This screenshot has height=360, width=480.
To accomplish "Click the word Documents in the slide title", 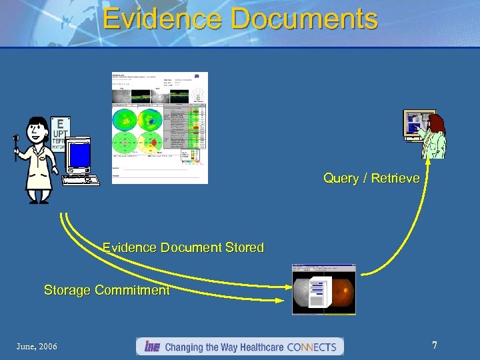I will coord(305,18).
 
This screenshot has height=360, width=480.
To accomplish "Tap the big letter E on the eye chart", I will coord(61,123).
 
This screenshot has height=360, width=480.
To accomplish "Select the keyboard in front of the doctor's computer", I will coord(80,179).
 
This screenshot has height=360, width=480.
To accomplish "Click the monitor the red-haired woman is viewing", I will coord(418,124).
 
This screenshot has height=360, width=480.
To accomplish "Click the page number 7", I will coord(435,345).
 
